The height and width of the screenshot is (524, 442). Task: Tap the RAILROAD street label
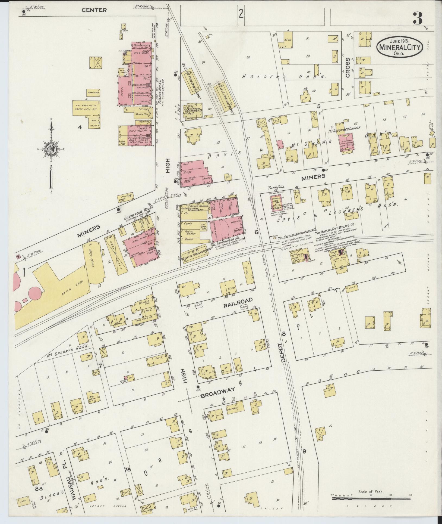tap(238, 300)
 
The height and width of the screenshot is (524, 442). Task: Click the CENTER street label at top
tap(94, 10)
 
